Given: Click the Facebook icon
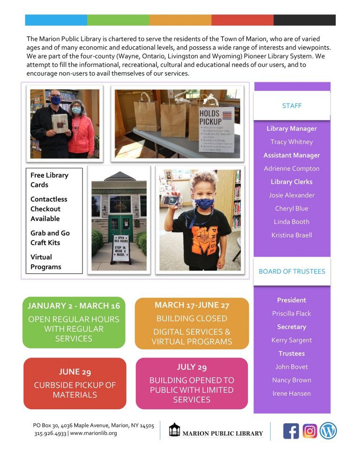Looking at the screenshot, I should click(291, 431).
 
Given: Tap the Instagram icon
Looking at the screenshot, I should click(309, 431).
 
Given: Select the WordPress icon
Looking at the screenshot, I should click(329, 431).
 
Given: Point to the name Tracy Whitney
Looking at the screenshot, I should click(292, 142).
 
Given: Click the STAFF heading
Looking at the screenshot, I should click(292, 106).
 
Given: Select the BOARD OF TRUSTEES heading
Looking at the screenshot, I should click(292, 271).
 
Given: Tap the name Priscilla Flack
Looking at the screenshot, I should click(292, 314).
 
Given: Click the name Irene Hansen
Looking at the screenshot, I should click(292, 393).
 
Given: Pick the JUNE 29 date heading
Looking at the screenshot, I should click(75, 372).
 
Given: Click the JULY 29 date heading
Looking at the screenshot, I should click(192, 367).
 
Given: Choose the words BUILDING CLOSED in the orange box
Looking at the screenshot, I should click(192, 319).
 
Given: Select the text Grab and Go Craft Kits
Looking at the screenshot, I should click(50, 238).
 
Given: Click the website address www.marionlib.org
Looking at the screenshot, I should click(93, 433).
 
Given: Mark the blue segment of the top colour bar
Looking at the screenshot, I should click(56, 20).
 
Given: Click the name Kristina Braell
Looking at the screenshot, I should click(292, 235).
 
